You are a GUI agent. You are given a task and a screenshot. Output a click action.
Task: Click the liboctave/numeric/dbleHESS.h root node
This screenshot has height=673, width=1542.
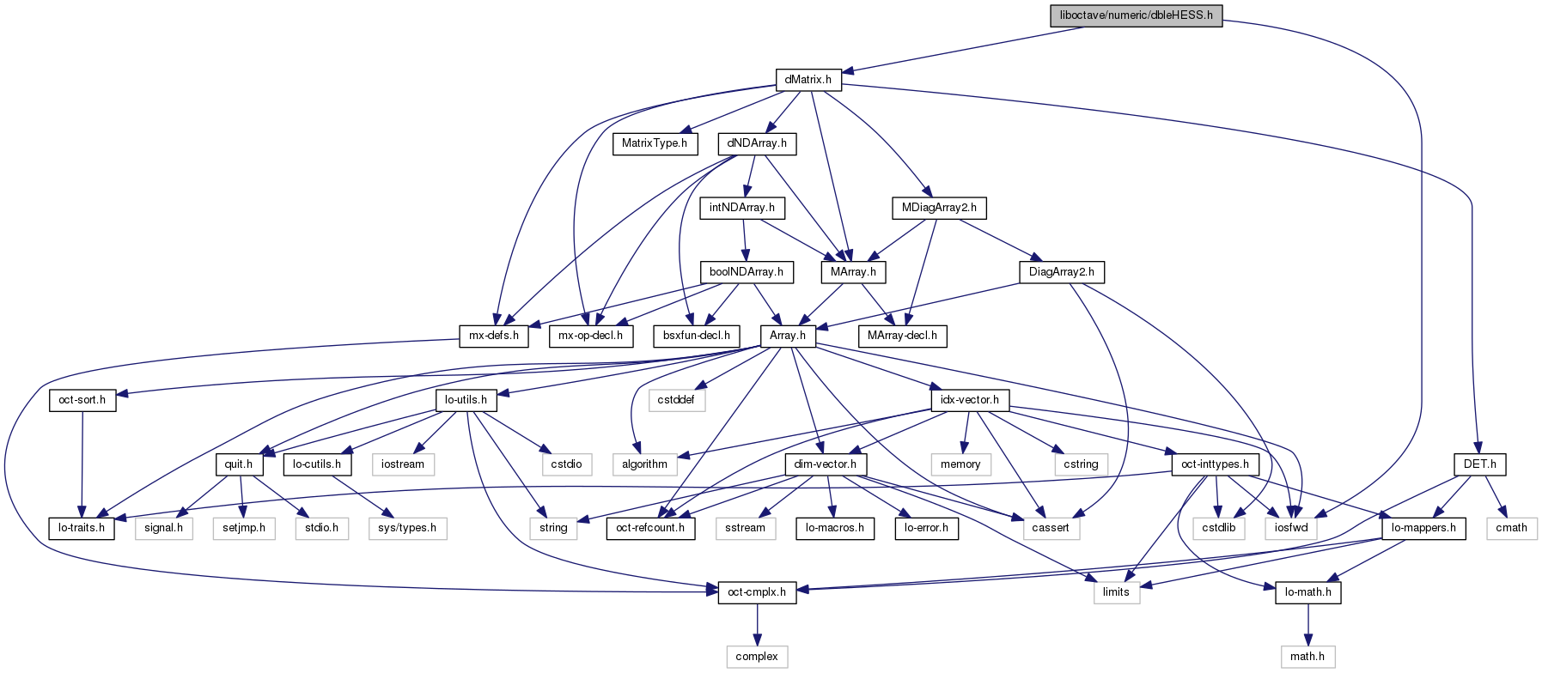click(x=1136, y=15)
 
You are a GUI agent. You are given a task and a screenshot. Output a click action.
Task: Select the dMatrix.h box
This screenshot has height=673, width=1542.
click(x=808, y=80)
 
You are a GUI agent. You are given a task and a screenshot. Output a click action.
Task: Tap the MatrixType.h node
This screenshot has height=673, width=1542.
click(x=655, y=143)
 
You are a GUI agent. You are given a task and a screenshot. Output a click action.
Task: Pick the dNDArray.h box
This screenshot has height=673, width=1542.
click(x=757, y=143)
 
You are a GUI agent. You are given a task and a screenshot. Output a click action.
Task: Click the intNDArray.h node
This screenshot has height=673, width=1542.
click(x=742, y=208)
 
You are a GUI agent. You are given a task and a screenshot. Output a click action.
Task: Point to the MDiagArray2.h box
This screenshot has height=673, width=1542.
click(x=939, y=208)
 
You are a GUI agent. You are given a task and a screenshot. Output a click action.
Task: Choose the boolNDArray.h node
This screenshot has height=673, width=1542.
click(x=747, y=272)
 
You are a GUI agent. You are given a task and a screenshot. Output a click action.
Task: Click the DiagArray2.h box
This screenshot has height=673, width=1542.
click(x=1062, y=272)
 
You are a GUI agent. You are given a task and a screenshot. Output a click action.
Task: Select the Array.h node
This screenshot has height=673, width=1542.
click(x=788, y=336)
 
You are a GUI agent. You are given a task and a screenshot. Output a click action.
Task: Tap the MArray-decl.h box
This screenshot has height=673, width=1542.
click(x=902, y=336)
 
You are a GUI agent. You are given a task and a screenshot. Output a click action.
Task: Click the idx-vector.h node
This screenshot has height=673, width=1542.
click(x=970, y=400)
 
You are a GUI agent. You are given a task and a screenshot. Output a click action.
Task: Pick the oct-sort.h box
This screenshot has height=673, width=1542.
click(x=82, y=400)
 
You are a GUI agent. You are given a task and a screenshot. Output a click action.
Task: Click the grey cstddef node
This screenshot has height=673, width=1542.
click(x=677, y=400)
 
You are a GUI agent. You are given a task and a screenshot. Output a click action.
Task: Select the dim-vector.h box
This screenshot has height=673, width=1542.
click(x=826, y=464)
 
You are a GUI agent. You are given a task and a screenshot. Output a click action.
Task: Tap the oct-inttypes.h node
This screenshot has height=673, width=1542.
click(x=1216, y=464)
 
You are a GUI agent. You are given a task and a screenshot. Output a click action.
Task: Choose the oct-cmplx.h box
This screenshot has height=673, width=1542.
click(x=757, y=592)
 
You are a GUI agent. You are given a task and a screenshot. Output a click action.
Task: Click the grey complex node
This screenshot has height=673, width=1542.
click(x=757, y=657)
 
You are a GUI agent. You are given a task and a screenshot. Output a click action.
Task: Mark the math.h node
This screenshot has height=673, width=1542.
click(x=1308, y=657)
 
